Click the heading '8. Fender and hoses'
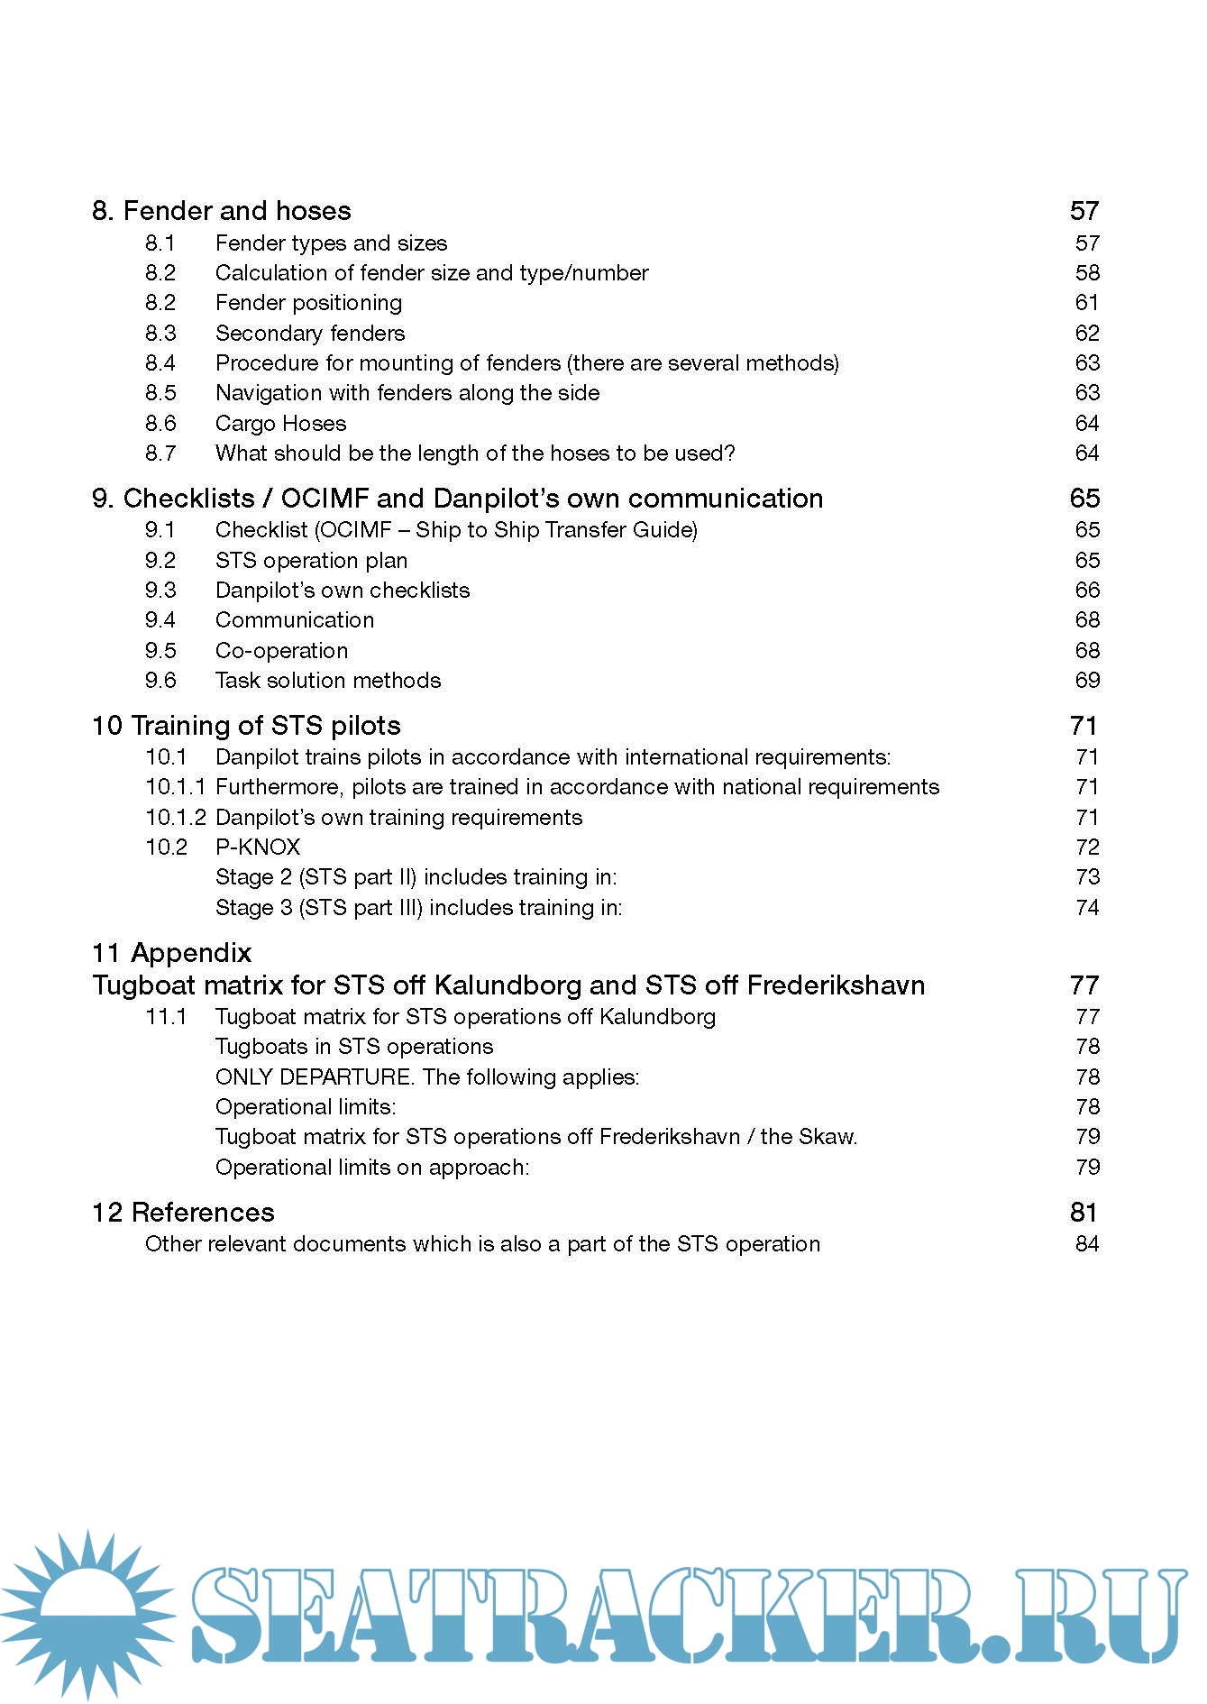point(221,211)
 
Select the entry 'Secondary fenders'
point(310,334)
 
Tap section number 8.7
point(160,453)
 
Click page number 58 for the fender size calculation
point(1087,273)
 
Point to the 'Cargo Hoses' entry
point(280,424)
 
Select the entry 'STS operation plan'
point(311,561)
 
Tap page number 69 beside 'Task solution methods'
point(1087,681)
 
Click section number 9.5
point(160,651)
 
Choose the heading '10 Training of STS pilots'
point(246,726)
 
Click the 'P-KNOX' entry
point(258,847)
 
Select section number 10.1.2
point(176,818)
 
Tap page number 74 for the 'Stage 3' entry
point(1087,908)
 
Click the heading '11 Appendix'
point(171,953)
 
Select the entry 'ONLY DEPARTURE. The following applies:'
point(427,1077)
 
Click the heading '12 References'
point(183,1213)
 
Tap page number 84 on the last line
point(1087,1244)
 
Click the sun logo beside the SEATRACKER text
point(87,1614)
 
